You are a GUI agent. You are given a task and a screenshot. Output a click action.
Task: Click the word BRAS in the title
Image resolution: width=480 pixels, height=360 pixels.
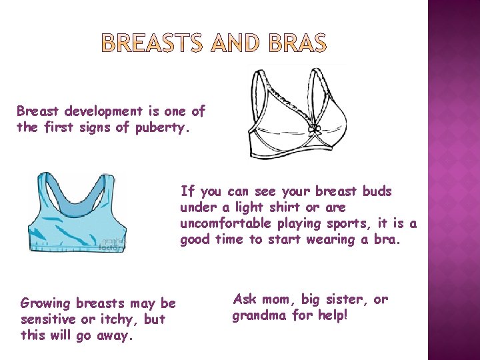(299, 44)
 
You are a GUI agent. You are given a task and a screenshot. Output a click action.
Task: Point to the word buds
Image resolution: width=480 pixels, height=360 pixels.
(377, 191)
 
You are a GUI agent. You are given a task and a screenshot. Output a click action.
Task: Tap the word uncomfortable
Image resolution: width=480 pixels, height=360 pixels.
(224, 223)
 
